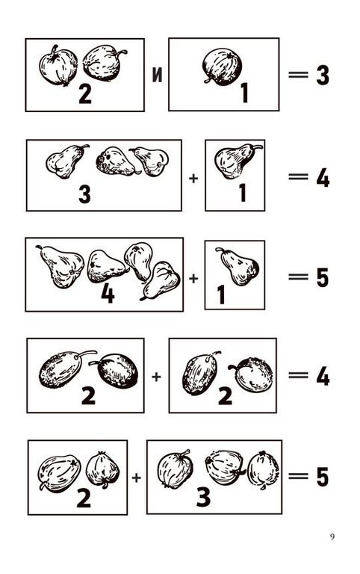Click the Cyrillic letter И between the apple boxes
coord(157,75)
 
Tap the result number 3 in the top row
coord(323,75)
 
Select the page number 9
coord(332,537)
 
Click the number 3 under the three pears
coord(84,194)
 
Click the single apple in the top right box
coord(223,67)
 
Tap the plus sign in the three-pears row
coord(193,179)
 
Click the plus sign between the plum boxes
coord(156,377)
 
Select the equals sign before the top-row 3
coord(298,75)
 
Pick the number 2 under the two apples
coord(85,93)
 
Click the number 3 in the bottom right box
coord(203,497)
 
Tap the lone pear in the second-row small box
coord(237,161)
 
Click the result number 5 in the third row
coord(323,277)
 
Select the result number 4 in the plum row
coord(323,377)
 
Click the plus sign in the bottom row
coord(136,478)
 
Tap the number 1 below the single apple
coord(244,93)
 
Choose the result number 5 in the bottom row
coord(323,477)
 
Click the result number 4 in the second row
coord(323,179)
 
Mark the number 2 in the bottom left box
coord(84,498)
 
